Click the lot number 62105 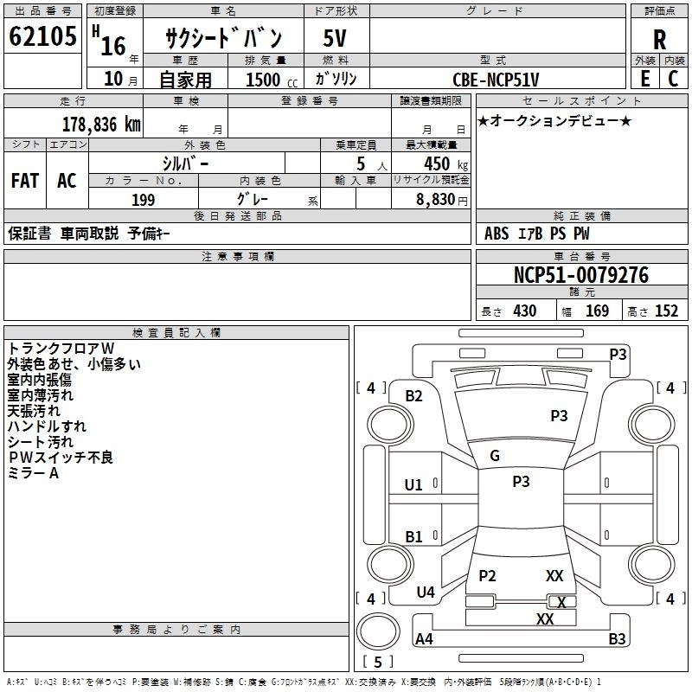coord(42,36)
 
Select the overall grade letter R coord(659,40)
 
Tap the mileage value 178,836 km coord(101,125)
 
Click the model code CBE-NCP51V coord(496,80)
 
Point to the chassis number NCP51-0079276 coord(581,275)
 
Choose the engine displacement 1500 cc coord(272,80)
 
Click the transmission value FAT coord(25,181)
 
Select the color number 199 coord(144,200)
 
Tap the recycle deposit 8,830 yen coord(442,200)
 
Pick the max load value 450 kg coord(445,164)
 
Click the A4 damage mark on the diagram coord(424,638)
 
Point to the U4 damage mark coord(426,592)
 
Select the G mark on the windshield coord(495,456)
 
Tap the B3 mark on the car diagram coord(617,638)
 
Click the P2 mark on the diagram coord(487,575)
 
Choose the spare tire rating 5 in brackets coord(378,662)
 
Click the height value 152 coord(666,311)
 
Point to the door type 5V coord(335,38)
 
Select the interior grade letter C coord(673,79)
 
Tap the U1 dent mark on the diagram coord(413,485)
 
